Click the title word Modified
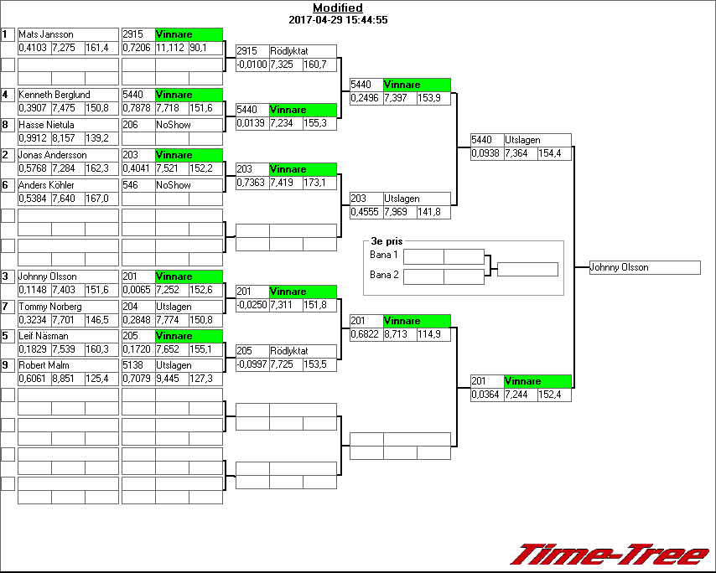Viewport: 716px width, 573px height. pos(338,8)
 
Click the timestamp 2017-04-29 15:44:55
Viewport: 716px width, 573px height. pos(338,19)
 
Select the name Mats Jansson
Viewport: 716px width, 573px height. pos(46,34)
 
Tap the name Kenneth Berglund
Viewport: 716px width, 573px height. pos(54,95)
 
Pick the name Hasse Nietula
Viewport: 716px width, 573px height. pos(47,125)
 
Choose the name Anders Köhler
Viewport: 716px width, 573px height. pos(47,185)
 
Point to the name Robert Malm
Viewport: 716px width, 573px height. pos(43,366)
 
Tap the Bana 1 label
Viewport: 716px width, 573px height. pos(384,254)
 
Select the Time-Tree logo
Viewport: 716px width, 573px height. pos(610,555)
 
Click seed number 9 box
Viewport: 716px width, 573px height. pos(8,365)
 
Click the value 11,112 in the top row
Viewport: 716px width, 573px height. pos(170,48)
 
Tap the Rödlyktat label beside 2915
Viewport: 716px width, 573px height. pos(289,51)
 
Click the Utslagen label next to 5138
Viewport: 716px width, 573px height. pos(174,366)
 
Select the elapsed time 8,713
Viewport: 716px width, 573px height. pos(399,334)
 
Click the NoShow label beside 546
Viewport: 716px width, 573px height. pos(174,185)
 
